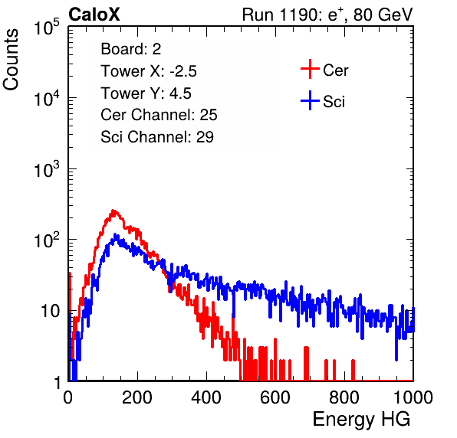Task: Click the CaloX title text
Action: (94, 15)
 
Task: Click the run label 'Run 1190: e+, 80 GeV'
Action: (327, 15)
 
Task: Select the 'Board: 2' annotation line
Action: (130, 49)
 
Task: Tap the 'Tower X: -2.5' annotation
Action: (149, 71)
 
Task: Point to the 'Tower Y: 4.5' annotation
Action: (146, 93)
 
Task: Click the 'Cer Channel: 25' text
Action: (159, 115)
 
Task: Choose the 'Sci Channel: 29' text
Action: (157, 137)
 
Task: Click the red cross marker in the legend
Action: (310, 69)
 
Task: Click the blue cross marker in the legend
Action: (310, 100)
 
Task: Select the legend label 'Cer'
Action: (335, 70)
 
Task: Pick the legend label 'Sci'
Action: (334, 102)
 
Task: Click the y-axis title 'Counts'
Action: (11, 60)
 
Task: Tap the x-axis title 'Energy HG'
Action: (361, 420)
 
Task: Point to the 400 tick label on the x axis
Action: (206, 397)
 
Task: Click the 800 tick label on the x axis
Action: (344, 397)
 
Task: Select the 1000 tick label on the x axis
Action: (413, 397)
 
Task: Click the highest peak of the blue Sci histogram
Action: (115, 234)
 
